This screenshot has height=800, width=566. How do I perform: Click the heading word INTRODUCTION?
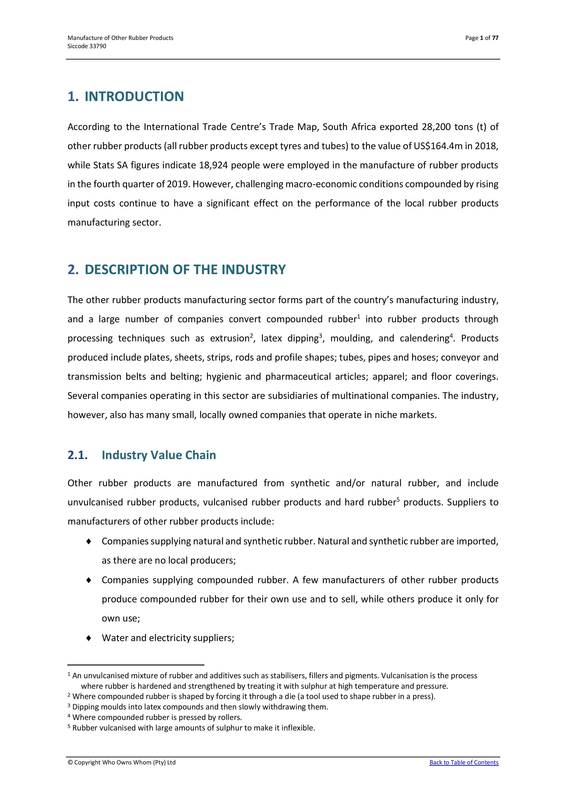[134, 96]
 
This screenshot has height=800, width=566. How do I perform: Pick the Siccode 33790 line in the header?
[87, 46]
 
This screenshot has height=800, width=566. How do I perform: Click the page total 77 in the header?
[495, 38]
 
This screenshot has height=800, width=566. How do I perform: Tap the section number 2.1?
[77, 455]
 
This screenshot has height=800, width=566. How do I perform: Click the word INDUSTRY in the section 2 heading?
[253, 270]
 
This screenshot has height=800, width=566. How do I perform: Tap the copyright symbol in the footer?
[70, 762]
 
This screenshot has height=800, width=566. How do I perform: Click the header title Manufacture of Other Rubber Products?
[120, 38]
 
